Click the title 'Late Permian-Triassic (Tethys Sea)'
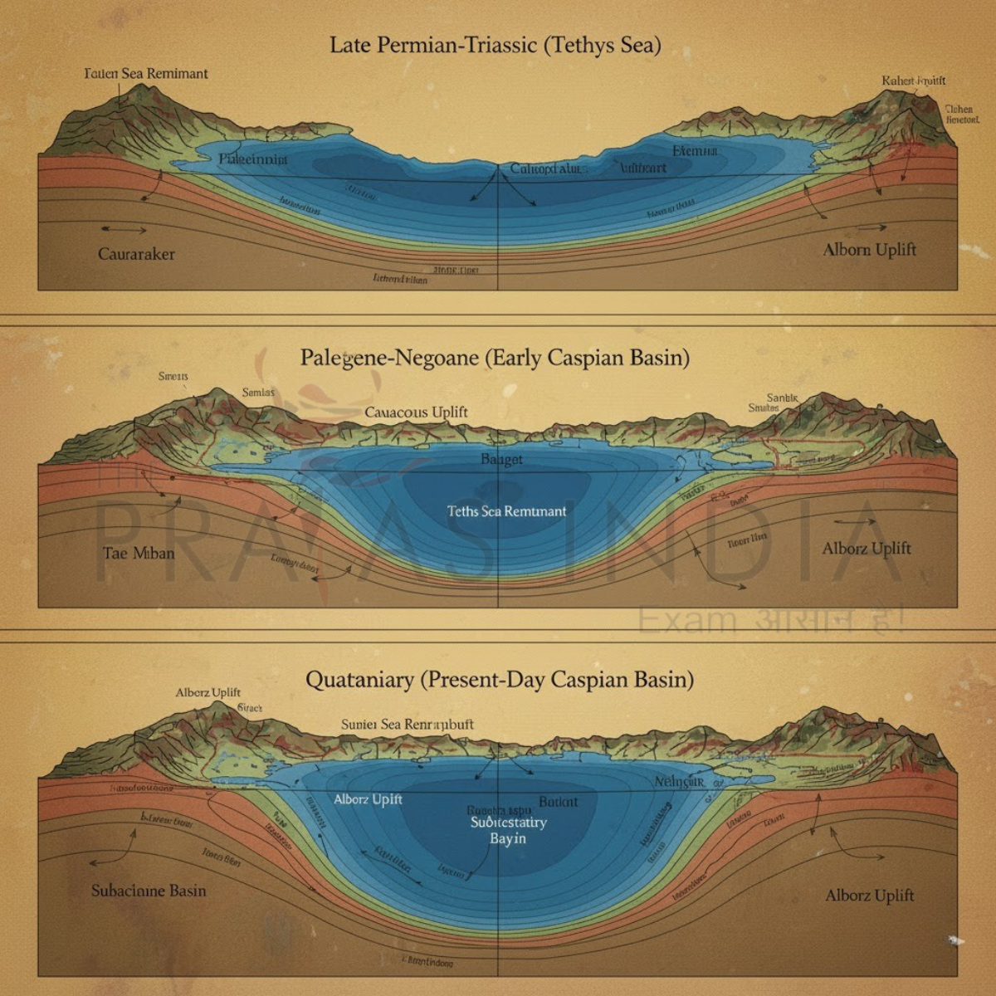(x=496, y=45)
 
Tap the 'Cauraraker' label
(x=136, y=254)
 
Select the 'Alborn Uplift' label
(x=869, y=250)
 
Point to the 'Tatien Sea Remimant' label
(x=146, y=74)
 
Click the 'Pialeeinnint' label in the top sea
(x=253, y=159)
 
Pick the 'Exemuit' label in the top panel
(x=695, y=151)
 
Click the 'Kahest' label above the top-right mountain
(x=913, y=81)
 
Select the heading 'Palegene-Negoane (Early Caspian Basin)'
(x=495, y=358)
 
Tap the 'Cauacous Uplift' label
(x=416, y=412)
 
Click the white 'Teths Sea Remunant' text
(x=506, y=511)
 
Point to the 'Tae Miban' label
(x=139, y=553)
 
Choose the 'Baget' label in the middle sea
(x=501, y=460)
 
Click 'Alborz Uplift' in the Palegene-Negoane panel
(x=866, y=549)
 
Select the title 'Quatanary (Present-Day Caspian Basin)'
(x=499, y=680)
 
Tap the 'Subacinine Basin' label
(x=149, y=891)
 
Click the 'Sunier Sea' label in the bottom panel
(x=370, y=725)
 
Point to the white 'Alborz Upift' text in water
(x=368, y=799)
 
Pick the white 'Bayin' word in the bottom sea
(x=507, y=838)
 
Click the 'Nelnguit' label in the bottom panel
(x=679, y=782)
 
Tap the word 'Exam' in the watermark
(x=687, y=618)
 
